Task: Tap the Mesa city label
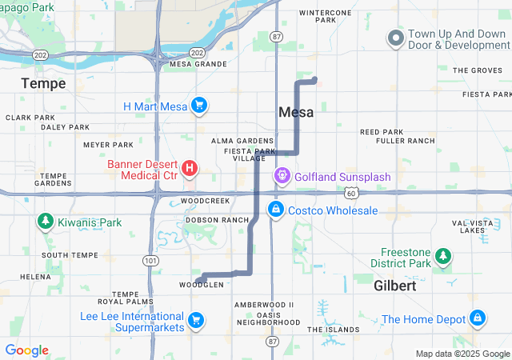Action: coord(296,113)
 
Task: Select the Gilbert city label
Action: coord(395,286)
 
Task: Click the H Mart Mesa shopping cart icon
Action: coord(200,106)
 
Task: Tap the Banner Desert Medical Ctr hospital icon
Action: coord(190,168)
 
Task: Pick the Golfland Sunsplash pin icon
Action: coord(282,175)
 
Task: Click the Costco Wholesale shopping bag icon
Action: coord(275,210)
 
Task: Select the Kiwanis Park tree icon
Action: coord(45,222)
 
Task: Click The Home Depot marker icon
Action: coord(478,318)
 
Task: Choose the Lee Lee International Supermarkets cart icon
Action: coord(195,322)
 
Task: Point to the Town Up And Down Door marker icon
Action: coord(395,38)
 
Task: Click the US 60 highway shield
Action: coord(352,193)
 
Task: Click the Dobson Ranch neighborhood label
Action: coord(217,219)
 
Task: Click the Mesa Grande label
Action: coord(194,63)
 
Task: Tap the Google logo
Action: coord(26,350)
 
